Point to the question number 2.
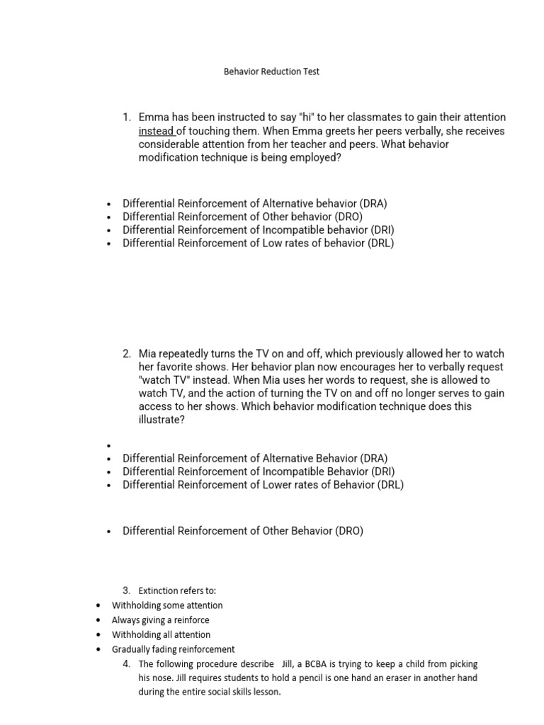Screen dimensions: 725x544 pos(127,353)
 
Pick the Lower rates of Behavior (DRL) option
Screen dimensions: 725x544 pos(263,485)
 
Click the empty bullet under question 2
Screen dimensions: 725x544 pos(109,446)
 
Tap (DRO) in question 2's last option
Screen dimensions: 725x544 pos(348,530)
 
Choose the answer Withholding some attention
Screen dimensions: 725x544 pos(167,605)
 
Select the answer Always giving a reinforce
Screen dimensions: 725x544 pos(160,620)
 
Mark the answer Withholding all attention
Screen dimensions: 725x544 pos(161,635)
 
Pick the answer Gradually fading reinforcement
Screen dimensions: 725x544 pos(173,649)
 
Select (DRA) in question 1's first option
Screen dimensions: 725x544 pos(373,203)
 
